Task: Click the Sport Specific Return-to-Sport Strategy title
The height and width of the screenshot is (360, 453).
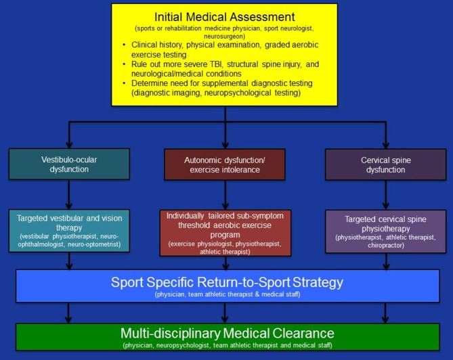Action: (226, 282)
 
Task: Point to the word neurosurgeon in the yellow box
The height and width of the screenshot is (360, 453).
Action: (225, 37)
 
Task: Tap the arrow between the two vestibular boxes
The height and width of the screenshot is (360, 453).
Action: (68, 196)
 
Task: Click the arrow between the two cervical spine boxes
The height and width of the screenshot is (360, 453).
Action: (386, 196)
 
